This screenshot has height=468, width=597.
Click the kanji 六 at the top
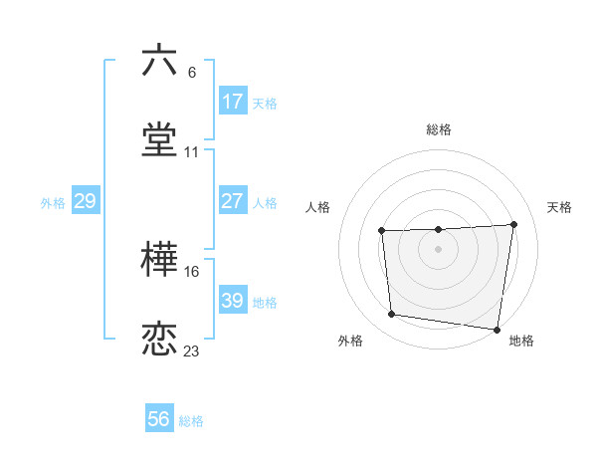pos(159,60)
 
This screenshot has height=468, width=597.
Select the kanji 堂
pos(159,140)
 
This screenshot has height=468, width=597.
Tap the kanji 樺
pos(159,261)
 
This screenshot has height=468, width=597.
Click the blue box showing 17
pos(233,101)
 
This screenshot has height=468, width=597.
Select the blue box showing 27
pos(233,201)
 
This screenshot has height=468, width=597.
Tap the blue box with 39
pos(233,301)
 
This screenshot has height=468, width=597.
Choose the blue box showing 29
pos(85,201)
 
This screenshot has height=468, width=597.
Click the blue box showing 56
pos(159,419)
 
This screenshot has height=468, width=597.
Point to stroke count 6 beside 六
pos(192,72)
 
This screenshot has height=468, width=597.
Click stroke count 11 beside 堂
pos(192,152)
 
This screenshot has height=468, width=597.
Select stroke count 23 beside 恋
pos(192,351)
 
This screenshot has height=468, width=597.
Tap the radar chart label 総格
pos(439,129)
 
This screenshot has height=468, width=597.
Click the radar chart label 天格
pos(560,207)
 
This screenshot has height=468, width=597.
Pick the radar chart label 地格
pos(521,342)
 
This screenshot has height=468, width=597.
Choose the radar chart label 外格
pos(350,342)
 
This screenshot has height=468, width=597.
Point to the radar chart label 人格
pos(318,207)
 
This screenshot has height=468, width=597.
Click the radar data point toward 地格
pos(497,330)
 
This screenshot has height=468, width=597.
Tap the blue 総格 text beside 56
pos(191,421)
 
